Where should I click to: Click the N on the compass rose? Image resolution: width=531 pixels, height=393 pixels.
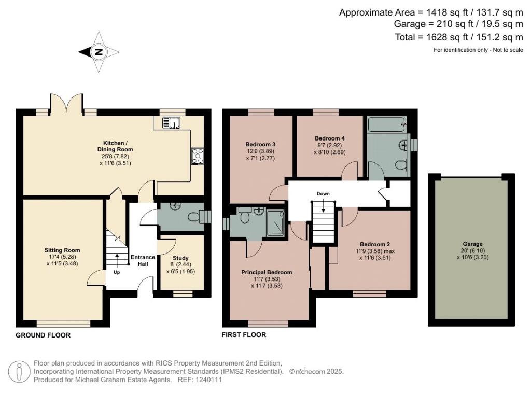99,52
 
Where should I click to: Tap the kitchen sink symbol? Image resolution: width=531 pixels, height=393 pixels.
171,122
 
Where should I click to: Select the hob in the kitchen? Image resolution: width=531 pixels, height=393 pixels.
198,157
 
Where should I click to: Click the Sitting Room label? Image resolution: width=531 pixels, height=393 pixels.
62,250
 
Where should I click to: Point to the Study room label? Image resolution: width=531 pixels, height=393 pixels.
180,258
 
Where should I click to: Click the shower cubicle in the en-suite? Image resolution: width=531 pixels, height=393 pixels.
275,223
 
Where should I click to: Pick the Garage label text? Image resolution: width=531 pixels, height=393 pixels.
472,244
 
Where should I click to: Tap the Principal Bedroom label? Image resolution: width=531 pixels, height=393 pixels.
267,272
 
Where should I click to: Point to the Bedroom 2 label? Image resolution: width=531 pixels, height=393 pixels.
375,244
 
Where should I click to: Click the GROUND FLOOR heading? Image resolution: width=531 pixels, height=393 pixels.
43,335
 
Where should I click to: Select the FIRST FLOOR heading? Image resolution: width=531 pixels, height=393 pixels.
244,335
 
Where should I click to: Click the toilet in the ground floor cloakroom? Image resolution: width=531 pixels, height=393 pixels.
195,217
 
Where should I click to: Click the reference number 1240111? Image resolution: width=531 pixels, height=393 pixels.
208,380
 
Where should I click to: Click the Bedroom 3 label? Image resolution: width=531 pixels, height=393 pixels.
260,144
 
